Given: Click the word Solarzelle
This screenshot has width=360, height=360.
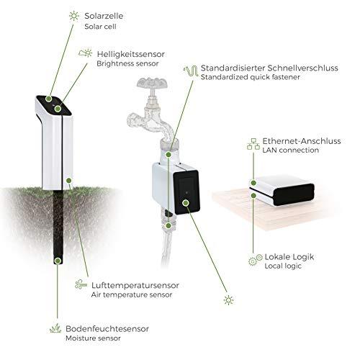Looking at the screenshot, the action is tap(104, 16).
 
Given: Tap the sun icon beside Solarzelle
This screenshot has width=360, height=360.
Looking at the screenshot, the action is tap(74, 16).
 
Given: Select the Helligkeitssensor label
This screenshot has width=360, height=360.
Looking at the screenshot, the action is tap(131, 54).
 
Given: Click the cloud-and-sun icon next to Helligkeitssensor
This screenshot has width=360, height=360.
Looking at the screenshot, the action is tap(85, 53).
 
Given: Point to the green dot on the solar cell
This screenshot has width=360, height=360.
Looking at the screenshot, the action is tap(49, 99).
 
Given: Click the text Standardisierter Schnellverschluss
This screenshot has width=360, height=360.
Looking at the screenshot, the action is tap(269, 68).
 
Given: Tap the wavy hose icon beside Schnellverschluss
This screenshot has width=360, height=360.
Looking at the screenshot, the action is tap(191, 71).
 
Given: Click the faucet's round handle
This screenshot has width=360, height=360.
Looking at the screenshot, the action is tap(152, 83).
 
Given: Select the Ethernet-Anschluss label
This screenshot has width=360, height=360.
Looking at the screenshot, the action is tap(302, 141).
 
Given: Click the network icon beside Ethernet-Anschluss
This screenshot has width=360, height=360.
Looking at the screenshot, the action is tap(253, 144).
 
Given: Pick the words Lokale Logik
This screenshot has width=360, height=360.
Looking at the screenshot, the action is tap(289, 257).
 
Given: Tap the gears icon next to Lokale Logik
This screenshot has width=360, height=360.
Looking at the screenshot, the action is tap(255, 259).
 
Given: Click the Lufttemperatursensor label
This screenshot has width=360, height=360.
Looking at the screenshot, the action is tap(135, 285).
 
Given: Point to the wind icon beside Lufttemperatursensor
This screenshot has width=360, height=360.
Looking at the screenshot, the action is tap(81, 284).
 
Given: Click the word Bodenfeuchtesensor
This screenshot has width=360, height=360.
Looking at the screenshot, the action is tap(107, 328).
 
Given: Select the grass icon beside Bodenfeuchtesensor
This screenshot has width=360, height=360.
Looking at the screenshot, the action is tap(55, 328).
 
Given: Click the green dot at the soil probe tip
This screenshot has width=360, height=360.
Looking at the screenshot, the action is tap(58, 261).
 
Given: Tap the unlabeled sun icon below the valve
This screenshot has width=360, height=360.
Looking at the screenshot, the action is tap(228, 300).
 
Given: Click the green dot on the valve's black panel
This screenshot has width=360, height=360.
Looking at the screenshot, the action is tap(186, 203).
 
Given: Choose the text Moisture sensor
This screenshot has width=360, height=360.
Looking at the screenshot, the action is tap(93, 338).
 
